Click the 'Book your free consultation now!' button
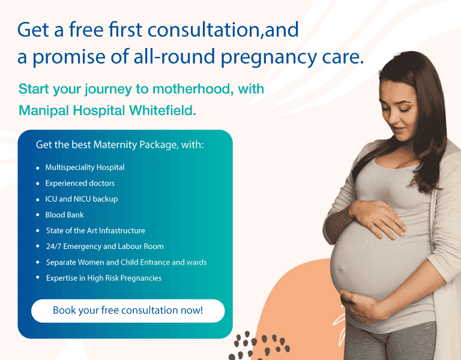click(x=128, y=311)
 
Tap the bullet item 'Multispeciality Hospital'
click(x=85, y=167)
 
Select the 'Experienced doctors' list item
click(x=80, y=184)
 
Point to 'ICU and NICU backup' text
click(x=82, y=199)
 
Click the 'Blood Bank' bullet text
click(x=64, y=215)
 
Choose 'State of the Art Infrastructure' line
click(x=95, y=230)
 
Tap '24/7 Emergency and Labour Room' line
click(x=104, y=246)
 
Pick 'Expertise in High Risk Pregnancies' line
click(x=104, y=278)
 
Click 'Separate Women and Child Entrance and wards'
click(x=127, y=262)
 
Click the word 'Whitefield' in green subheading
click(x=162, y=110)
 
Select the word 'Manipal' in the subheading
click(x=44, y=111)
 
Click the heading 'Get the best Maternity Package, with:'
click(x=119, y=145)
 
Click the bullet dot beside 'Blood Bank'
click(x=38, y=215)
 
